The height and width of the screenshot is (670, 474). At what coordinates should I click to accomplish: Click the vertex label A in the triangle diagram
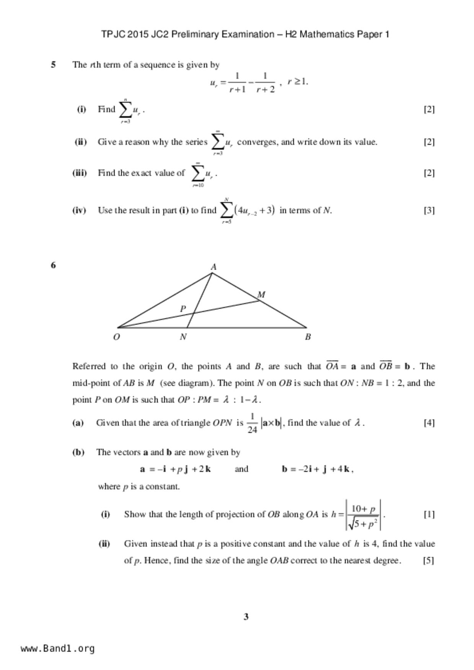tap(213, 267)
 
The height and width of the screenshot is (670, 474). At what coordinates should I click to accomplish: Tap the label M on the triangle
tap(261, 295)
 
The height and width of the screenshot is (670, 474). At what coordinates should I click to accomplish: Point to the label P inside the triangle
tap(183, 308)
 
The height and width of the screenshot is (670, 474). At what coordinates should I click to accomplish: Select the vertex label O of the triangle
tap(116, 337)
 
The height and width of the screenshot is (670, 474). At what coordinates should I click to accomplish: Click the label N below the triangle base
tap(183, 337)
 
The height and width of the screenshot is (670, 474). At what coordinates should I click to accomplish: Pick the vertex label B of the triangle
tap(308, 337)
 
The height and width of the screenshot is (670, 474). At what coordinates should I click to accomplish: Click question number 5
tap(53, 65)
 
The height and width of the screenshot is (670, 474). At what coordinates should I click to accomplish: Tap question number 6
tap(53, 265)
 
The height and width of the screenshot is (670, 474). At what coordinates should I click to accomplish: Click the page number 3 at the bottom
tap(246, 617)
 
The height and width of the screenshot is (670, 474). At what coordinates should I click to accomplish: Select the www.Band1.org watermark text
tap(58, 649)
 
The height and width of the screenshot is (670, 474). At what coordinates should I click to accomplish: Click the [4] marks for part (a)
tap(429, 422)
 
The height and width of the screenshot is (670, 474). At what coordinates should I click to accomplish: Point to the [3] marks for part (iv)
tap(429, 210)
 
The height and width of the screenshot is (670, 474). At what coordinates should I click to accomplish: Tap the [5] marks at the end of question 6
tap(428, 560)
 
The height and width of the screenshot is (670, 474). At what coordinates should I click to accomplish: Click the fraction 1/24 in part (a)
tap(252, 423)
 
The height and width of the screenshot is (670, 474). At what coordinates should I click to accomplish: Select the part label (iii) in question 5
tap(80, 173)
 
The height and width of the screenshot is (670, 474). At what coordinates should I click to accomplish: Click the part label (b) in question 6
tap(78, 452)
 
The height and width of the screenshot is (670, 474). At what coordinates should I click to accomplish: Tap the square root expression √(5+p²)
tap(363, 524)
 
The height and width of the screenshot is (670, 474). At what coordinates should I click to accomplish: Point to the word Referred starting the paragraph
tap(89, 366)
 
